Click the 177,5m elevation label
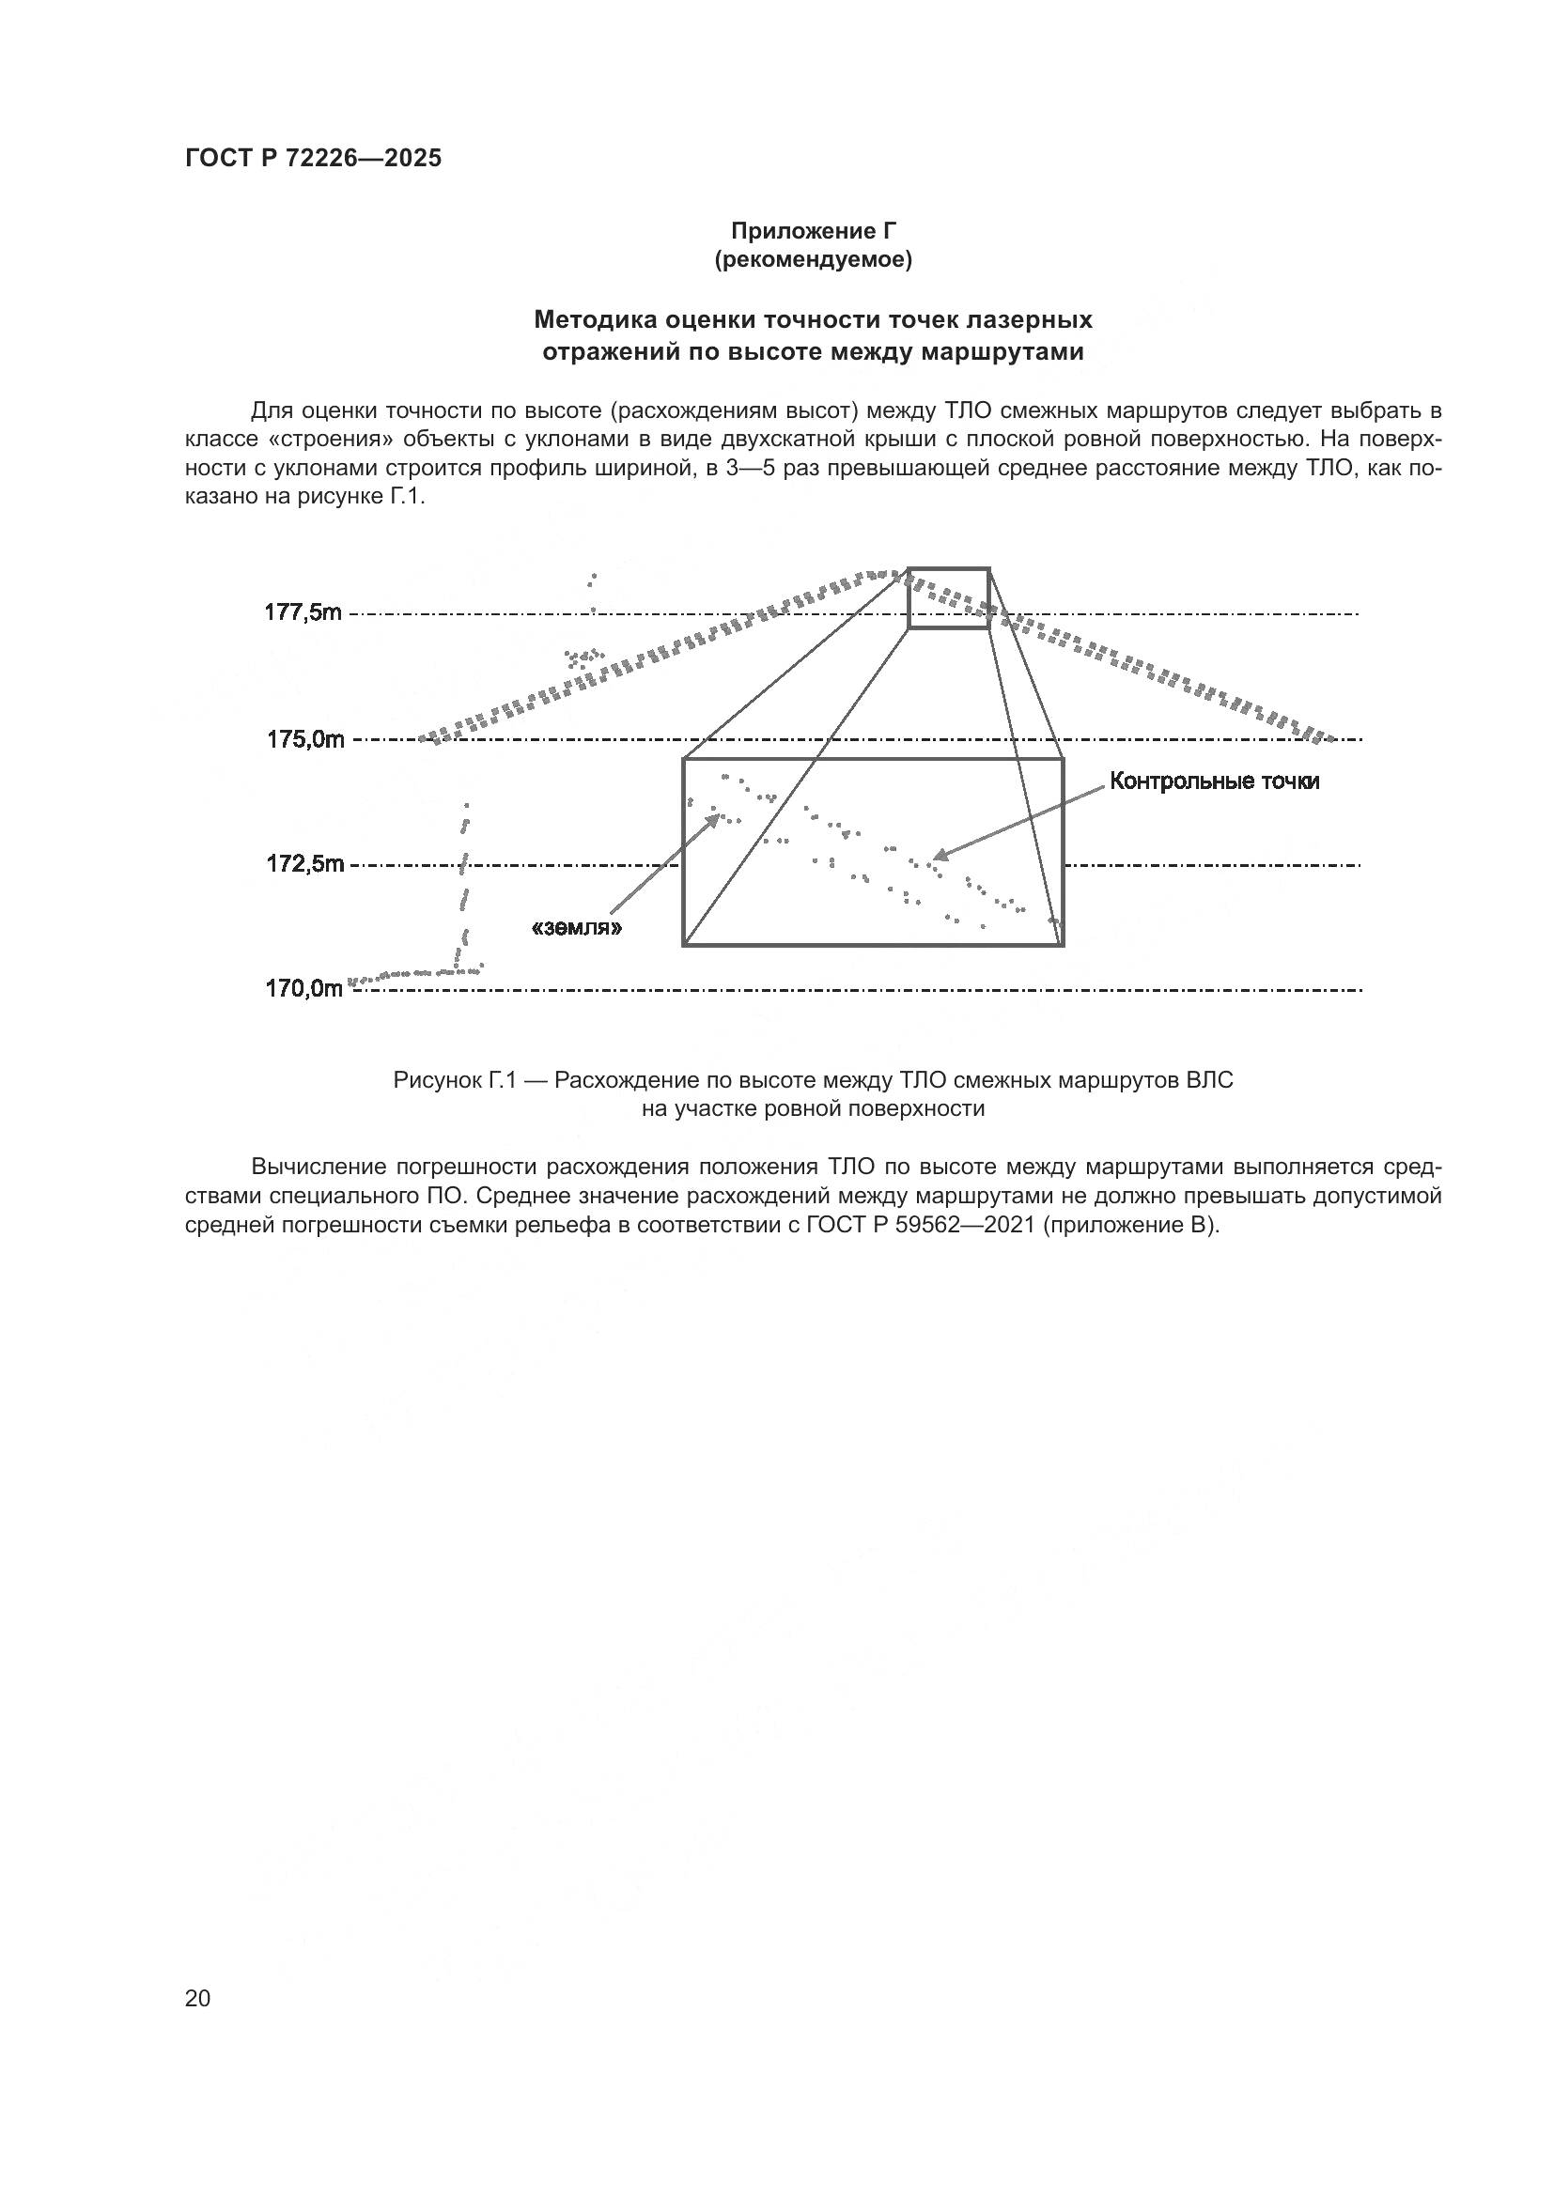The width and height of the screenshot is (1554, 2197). [x=303, y=612]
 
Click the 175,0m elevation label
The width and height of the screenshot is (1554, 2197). [x=304, y=738]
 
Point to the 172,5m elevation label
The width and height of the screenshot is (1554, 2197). [x=304, y=864]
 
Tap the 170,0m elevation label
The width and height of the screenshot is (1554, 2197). [x=303, y=989]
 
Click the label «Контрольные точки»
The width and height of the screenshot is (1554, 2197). [x=1214, y=781]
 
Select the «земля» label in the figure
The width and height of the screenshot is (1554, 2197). [x=577, y=927]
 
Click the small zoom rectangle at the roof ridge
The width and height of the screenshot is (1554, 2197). [x=948, y=598]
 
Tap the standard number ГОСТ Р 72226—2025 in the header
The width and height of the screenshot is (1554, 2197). [x=313, y=159]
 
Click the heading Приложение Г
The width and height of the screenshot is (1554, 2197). [x=814, y=231]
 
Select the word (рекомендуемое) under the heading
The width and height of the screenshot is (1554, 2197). [x=814, y=260]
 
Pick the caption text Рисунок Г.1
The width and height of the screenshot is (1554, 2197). [x=454, y=1080]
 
